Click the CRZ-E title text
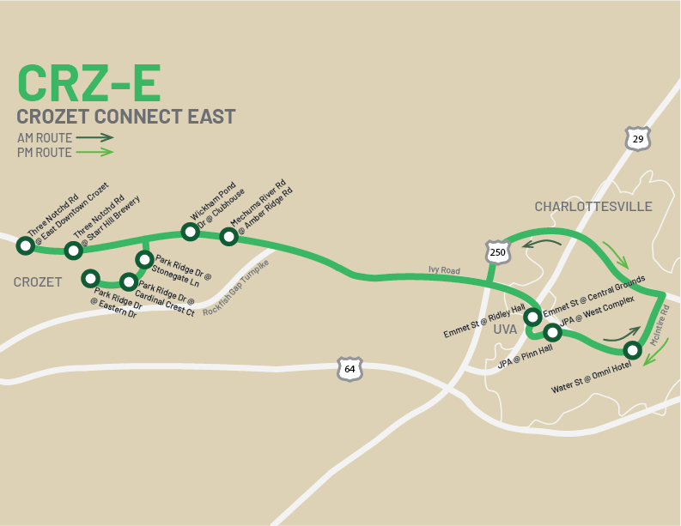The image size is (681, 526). (x=88, y=83)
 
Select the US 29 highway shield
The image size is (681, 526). (x=637, y=139)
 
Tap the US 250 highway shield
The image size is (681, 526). (x=497, y=251)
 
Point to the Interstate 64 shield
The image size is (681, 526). (x=350, y=369)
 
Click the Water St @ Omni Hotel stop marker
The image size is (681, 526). (x=632, y=350)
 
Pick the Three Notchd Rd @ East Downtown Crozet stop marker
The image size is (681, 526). (x=26, y=246)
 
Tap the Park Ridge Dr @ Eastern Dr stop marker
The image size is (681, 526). (x=89, y=278)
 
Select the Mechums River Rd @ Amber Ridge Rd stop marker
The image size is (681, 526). (x=228, y=237)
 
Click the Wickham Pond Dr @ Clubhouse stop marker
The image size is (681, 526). (x=190, y=232)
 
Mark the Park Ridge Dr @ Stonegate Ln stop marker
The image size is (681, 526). (x=144, y=259)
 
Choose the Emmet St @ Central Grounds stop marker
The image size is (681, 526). (x=532, y=317)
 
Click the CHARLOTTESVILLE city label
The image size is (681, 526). (x=593, y=207)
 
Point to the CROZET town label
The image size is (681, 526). (x=38, y=282)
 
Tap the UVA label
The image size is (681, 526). (x=505, y=329)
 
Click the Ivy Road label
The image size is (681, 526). (x=445, y=270)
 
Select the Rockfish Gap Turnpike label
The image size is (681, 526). (x=235, y=287)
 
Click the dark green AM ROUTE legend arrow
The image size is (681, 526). (x=94, y=137)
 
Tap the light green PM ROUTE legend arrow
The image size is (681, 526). (x=94, y=152)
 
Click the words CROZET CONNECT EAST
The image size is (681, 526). (x=125, y=117)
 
